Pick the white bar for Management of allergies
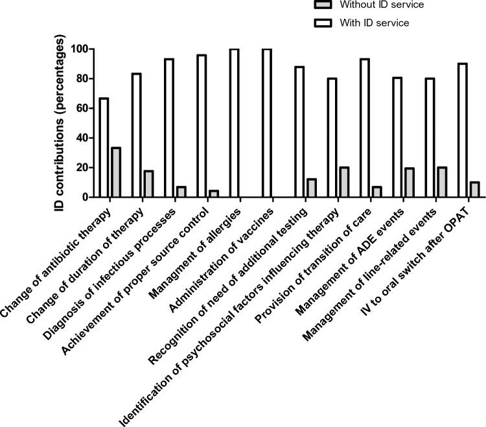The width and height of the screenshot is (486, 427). tap(234, 123)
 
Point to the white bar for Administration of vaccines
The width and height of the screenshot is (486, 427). tap(266, 123)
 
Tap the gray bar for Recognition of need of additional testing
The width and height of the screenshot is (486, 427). tap(311, 188)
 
